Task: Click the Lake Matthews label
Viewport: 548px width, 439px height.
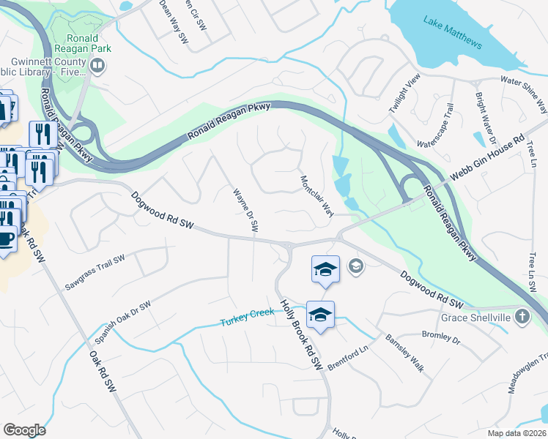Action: (x=453, y=32)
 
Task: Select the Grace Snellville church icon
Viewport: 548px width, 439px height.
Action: (x=521, y=317)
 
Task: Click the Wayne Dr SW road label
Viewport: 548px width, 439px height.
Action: (x=246, y=211)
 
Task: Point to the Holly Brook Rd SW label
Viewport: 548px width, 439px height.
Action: (x=301, y=334)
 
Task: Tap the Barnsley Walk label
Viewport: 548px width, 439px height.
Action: (x=405, y=353)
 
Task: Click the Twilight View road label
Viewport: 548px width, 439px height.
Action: (x=404, y=93)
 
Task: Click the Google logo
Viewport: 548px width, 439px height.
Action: (x=24, y=429)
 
